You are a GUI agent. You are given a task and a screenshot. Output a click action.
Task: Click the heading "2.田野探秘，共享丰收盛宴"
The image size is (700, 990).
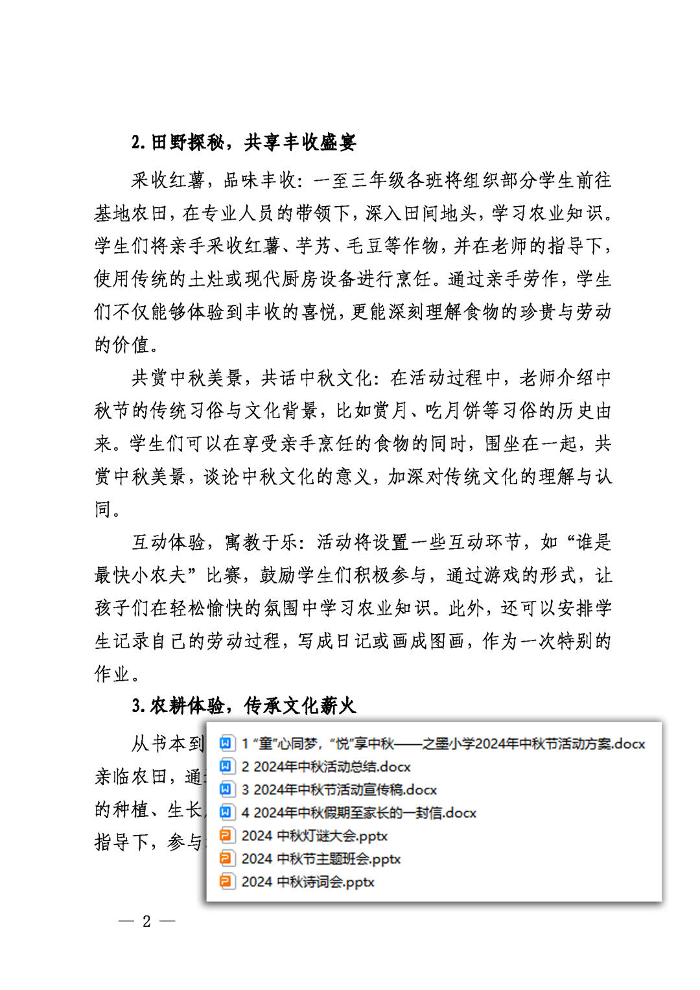[244, 143]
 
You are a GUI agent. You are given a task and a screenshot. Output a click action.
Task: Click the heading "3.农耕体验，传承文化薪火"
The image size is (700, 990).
[244, 706]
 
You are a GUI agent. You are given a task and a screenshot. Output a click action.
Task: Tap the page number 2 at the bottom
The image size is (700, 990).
[146, 921]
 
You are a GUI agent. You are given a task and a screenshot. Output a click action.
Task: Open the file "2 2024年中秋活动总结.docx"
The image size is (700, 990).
[326, 767]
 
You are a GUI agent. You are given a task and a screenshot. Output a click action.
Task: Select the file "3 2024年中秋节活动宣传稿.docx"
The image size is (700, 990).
[339, 790]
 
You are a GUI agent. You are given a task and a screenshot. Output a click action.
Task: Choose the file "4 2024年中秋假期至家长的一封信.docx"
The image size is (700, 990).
[358, 813]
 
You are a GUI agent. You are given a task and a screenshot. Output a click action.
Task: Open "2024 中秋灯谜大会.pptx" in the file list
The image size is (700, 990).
[314, 836]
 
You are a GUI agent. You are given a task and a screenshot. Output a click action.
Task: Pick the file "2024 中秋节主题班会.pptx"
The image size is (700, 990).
[321, 859]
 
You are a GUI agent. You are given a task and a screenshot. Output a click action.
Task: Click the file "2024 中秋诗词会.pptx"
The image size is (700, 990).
[308, 882]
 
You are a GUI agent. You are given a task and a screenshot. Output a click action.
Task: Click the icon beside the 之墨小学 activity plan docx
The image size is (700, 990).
[226, 744]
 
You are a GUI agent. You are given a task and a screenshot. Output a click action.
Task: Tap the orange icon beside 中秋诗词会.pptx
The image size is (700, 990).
[226, 882]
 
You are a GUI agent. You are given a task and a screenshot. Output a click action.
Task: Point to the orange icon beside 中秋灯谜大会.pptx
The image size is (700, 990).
[226, 836]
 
